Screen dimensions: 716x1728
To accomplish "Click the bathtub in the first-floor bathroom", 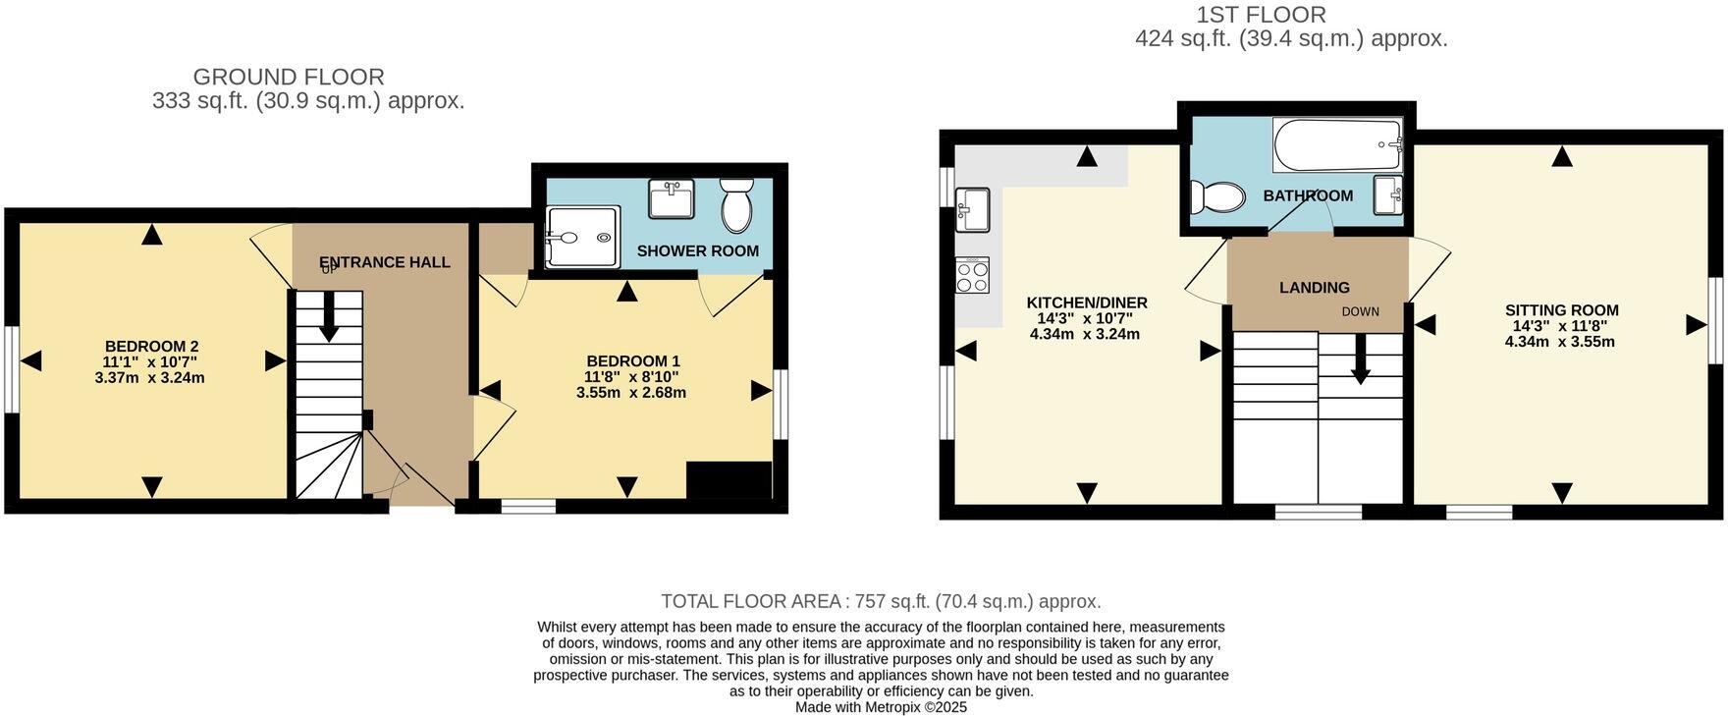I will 1337,145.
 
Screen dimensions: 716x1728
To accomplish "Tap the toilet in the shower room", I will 735,204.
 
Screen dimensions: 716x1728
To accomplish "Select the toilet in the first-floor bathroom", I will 1215,196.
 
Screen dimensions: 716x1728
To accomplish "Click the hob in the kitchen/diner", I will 972,275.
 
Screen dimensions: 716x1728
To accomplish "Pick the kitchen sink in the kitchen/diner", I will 972,209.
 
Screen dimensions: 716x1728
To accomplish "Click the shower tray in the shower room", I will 583,237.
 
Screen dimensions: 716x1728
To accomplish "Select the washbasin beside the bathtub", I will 1388,194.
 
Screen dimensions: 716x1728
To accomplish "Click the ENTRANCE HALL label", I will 385,262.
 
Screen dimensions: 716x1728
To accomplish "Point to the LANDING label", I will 1314,288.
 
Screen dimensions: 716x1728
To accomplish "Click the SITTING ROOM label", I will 1561,310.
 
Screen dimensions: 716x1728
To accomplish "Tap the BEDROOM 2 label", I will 151,346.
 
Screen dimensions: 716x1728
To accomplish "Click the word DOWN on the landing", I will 1361,312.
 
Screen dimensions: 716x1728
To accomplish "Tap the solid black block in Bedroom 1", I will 729,480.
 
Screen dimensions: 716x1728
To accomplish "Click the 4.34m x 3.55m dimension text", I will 1559,342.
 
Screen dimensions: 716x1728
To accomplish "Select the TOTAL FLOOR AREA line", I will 881,601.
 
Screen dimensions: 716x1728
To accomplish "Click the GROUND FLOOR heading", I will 289,77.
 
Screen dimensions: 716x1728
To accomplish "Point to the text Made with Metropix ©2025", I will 881,707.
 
